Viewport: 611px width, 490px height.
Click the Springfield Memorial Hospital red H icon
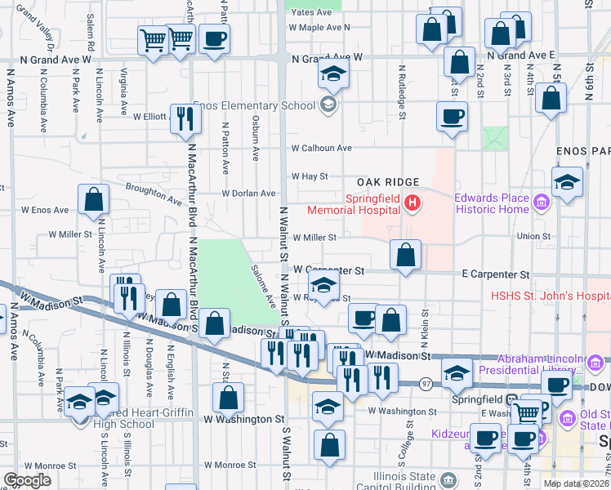coord(413,203)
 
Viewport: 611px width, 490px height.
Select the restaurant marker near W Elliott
coord(185,118)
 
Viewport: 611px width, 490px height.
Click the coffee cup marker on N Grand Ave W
coord(214,38)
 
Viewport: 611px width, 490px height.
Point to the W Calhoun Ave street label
coord(321,149)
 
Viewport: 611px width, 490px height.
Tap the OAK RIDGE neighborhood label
coord(387,181)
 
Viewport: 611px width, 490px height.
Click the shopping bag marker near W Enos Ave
coord(94,198)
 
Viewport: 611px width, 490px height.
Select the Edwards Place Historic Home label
coord(492,203)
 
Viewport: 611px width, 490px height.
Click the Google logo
coord(27,480)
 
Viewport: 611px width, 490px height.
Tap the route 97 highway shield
coord(426,383)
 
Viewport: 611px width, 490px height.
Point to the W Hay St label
coord(310,176)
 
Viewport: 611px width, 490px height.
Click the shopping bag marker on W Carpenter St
coord(405,256)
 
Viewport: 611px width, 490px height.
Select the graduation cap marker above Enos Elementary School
coord(332,74)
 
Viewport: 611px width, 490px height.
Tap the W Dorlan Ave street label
coord(249,194)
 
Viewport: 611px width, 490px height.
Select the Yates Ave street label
coord(311,13)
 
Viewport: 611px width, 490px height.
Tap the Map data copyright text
coord(575,483)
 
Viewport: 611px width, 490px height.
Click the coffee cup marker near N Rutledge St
coord(451,116)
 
